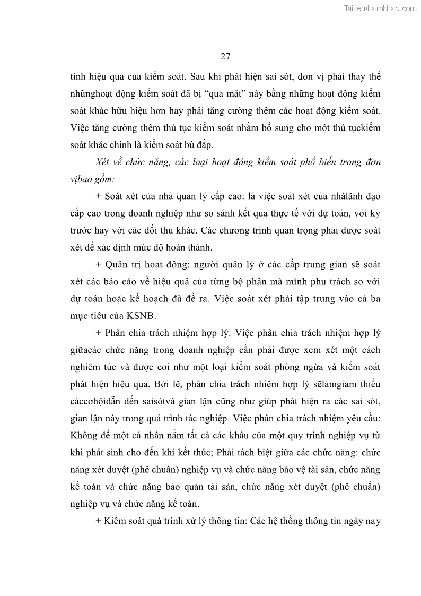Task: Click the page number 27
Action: point(225,56)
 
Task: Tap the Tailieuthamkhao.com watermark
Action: point(381,8)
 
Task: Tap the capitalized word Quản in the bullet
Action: point(118,264)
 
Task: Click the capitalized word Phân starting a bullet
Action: point(117,333)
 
